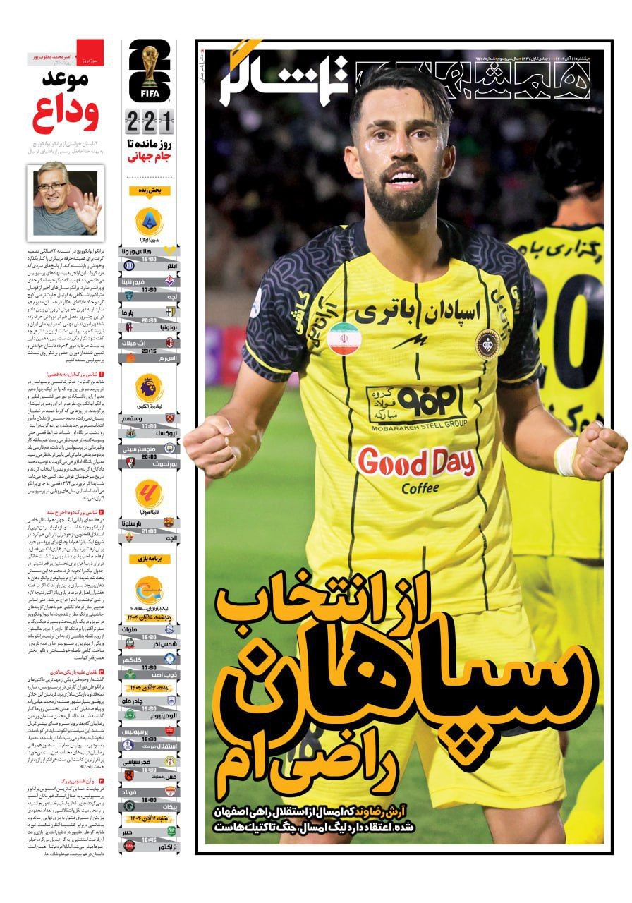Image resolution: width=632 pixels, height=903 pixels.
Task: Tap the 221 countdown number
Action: [x=149, y=122]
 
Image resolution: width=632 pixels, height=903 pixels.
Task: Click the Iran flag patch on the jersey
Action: [x=344, y=338]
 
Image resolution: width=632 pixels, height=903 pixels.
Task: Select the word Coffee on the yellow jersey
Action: [x=420, y=488]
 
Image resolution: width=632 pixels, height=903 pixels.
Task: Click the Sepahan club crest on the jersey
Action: [x=486, y=344]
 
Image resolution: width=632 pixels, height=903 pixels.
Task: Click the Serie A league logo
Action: [x=149, y=221]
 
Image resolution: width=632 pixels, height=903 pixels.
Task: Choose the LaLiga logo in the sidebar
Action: [x=149, y=494]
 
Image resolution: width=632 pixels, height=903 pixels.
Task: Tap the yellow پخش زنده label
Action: [x=149, y=190]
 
